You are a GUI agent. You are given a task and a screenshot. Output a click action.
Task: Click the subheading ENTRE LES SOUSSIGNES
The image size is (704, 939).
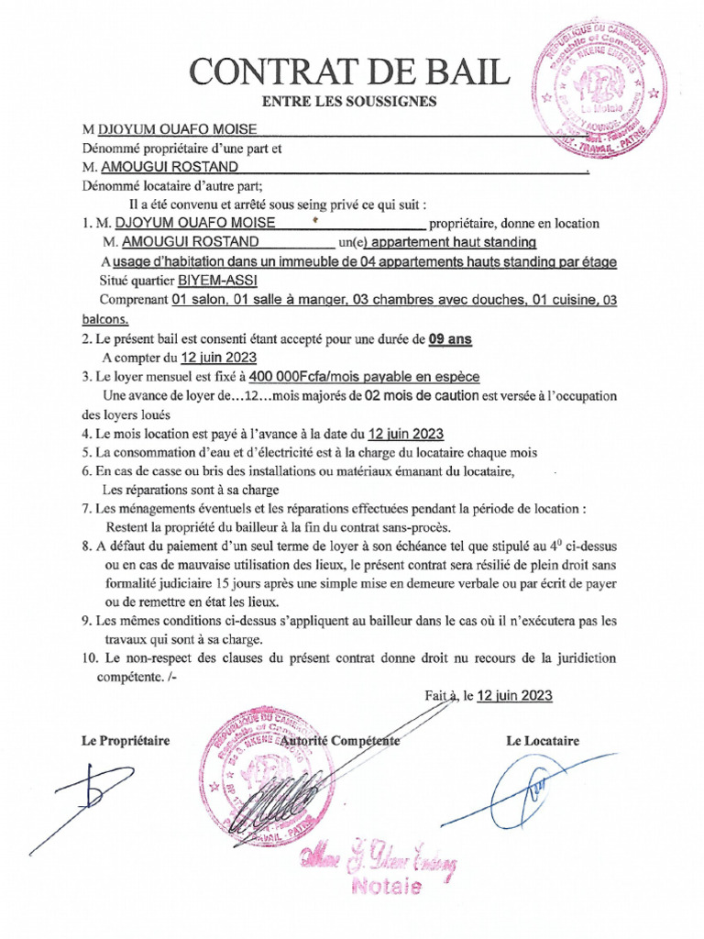click(x=348, y=102)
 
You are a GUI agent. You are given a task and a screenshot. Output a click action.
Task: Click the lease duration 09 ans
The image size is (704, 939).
click(x=449, y=338)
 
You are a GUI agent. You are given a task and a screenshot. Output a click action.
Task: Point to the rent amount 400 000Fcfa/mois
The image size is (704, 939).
click(x=306, y=377)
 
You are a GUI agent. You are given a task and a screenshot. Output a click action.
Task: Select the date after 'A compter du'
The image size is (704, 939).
click(x=218, y=358)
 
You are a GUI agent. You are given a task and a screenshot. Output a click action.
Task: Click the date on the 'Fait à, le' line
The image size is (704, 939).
click(x=514, y=695)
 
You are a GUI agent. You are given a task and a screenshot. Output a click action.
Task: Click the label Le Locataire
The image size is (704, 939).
click(x=542, y=741)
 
